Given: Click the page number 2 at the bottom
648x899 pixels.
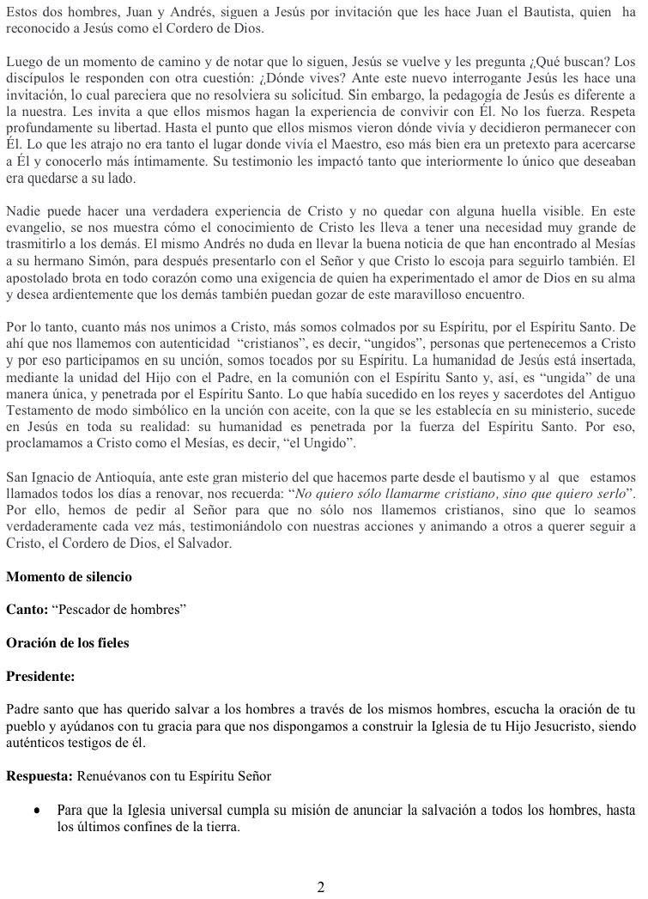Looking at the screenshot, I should click(x=321, y=887).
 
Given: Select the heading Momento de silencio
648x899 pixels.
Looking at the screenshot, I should click(x=69, y=575).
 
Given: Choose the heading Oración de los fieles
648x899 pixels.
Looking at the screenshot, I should click(x=67, y=642).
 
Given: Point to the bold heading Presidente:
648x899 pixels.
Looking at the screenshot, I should click(x=40, y=676).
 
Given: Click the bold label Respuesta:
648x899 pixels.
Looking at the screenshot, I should click(x=39, y=776).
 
